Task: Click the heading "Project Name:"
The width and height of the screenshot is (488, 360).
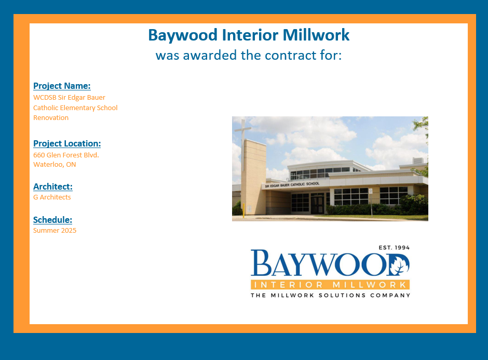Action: coord(62,86)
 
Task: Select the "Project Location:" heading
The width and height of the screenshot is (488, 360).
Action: coord(67,143)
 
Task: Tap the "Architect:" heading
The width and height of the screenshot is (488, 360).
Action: coord(53,186)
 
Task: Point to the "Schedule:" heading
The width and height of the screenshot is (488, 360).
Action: coord(52,220)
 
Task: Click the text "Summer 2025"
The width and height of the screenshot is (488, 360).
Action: coord(55,231)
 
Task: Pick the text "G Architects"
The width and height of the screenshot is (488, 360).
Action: coord(52,197)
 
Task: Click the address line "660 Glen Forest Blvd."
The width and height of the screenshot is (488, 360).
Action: coord(66,155)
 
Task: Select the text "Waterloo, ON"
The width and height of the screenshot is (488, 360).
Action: coord(55,165)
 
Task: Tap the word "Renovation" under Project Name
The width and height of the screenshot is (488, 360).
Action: coord(51,118)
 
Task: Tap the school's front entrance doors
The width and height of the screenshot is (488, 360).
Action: coord(317,204)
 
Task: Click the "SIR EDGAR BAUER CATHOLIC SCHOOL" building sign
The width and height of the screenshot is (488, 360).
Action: coord(292,184)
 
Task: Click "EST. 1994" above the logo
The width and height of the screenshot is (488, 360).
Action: coord(394,248)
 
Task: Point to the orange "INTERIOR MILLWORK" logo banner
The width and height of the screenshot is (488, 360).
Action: coord(330,285)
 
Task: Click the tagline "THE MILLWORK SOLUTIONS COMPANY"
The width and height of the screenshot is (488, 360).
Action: coord(331,295)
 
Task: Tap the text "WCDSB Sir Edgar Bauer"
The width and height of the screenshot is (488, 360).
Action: coord(69,98)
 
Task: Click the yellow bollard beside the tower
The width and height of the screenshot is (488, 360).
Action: coord(243,210)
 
